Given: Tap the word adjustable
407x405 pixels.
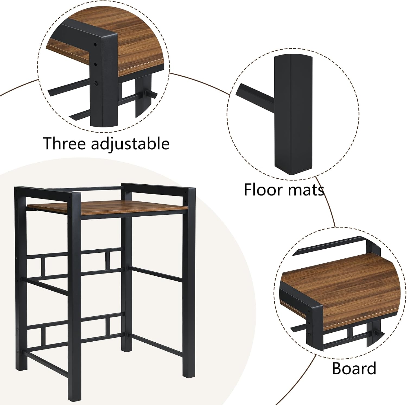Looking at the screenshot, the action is point(130,144).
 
